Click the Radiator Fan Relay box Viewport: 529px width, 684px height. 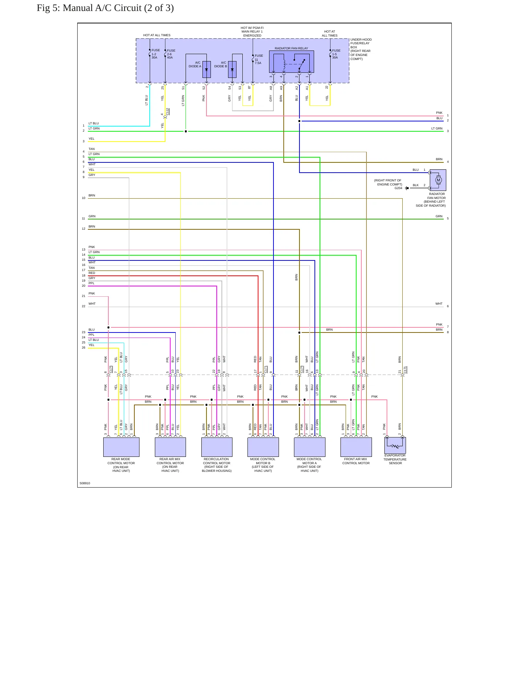tap(291, 62)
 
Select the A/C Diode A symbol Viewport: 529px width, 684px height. tap(206, 69)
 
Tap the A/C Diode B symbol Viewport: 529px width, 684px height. tap(232, 69)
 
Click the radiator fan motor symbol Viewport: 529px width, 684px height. tap(438, 180)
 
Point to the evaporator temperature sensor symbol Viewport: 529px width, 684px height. tap(395, 446)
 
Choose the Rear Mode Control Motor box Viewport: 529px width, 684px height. tap(121, 447)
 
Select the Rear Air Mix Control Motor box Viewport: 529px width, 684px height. tap(170, 447)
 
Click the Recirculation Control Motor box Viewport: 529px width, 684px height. tap(217, 447)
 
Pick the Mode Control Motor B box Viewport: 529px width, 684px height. tap(263, 447)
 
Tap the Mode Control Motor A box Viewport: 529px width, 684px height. tap(310, 447)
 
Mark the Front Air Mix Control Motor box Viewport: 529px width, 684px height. tap(356, 447)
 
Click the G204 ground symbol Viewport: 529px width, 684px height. tap(407, 188)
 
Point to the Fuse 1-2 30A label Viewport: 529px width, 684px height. tap(156, 54)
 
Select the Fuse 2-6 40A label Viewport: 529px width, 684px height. tap(171, 54)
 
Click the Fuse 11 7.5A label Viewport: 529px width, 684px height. tap(259, 59)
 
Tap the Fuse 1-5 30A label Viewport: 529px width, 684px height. tap(336, 54)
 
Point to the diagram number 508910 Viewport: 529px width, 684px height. tap(85, 483)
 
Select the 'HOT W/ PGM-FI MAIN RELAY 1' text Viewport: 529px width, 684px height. tap(252, 30)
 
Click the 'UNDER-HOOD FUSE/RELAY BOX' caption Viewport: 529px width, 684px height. tap(361, 43)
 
